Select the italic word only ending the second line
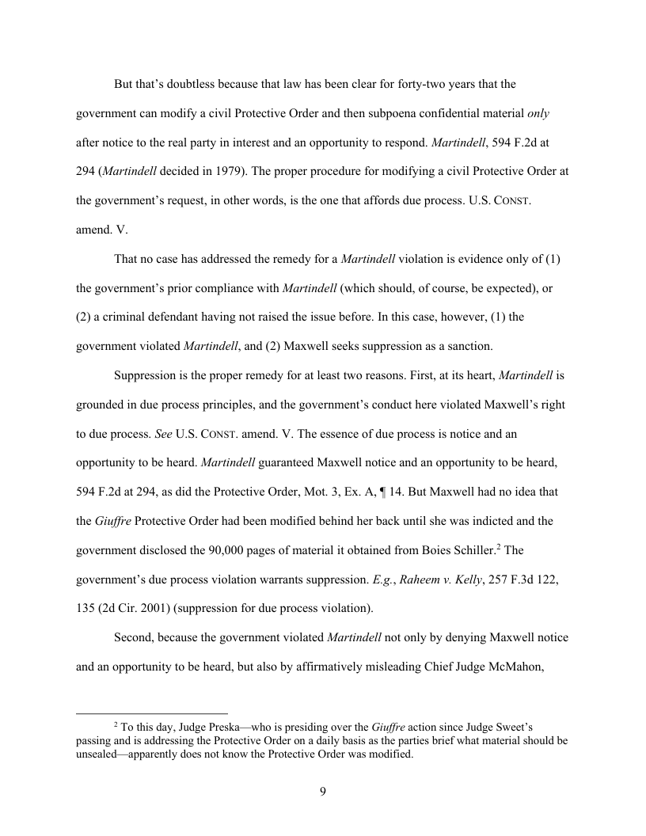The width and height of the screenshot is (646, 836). coord(538,113)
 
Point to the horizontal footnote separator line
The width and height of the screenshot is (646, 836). coord(152,712)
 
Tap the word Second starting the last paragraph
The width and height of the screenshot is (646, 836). coord(134,636)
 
